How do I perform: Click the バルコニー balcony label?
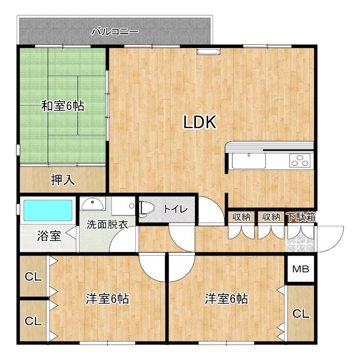(115, 32)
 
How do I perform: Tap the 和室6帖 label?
(63, 106)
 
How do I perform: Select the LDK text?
(200, 122)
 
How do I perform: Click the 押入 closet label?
(63, 180)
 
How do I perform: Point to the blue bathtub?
(48, 210)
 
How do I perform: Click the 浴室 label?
(49, 236)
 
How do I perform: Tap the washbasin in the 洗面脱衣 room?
(92, 203)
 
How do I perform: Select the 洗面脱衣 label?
(107, 224)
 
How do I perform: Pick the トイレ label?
(175, 209)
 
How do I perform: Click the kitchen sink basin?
(249, 161)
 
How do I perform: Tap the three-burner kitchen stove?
(300, 160)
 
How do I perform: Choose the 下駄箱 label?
(302, 217)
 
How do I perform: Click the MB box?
(301, 269)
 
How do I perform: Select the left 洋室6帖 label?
(107, 299)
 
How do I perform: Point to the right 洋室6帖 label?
(226, 299)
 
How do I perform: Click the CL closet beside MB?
(301, 313)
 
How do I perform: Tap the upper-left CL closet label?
(33, 276)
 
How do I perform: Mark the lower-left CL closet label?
(33, 321)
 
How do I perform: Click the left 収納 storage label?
(241, 217)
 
